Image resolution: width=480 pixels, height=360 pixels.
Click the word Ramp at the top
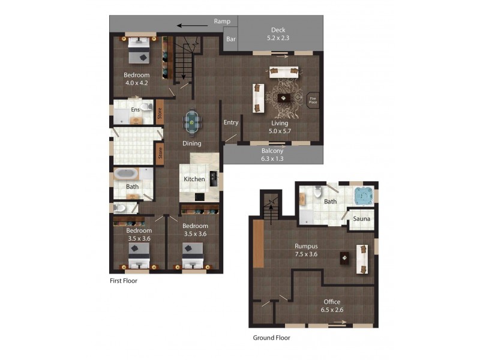(222, 22)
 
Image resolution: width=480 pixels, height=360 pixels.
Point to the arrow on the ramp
(189, 26)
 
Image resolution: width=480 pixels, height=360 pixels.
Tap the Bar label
(230, 39)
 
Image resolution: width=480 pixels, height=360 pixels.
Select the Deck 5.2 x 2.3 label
(277, 34)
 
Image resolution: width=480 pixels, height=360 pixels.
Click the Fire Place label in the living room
(313, 100)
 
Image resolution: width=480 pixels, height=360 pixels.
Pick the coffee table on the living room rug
(284, 98)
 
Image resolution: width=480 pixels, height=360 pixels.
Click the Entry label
(231, 122)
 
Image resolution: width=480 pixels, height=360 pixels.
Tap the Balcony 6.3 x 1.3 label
(272, 155)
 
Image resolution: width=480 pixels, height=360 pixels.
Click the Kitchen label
(194, 179)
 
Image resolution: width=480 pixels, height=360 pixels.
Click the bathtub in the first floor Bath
(127, 174)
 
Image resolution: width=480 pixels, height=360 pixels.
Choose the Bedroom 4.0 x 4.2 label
(136, 79)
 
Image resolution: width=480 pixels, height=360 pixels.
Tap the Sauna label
(361, 218)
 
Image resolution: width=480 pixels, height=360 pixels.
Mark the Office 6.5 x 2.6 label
(332, 305)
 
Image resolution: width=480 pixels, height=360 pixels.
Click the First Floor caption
(123, 280)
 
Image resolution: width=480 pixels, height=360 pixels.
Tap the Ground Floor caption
(271, 338)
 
